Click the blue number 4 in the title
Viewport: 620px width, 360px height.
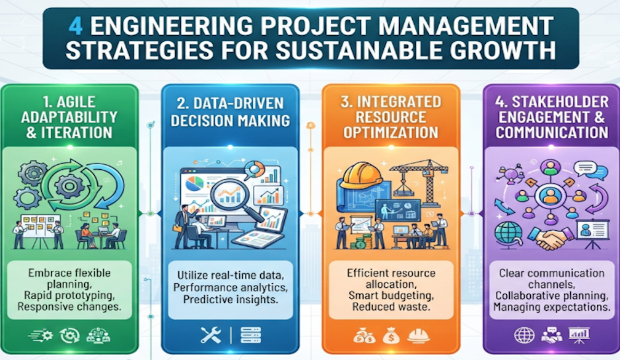pyautogui.click(x=76, y=26)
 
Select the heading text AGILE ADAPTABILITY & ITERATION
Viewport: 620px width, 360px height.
pyautogui.click(x=69, y=117)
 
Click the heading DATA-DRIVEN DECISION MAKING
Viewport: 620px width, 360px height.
pyautogui.click(x=230, y=111)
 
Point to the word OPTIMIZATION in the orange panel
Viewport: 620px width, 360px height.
pyautogui.click(x=391, y=132)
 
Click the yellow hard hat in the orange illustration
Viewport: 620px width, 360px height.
pyautogui.click(x=361, y=176)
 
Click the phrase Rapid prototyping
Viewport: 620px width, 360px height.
pyautogui.click(x=69, y=295)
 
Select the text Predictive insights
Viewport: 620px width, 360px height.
pyautogui.click(x=231, y=299)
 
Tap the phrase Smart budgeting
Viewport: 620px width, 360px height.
pyautogui.click(x=391, y=295)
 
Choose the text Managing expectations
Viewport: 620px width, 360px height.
pyautogui.click(x=552, y=307)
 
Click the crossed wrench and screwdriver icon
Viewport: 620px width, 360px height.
pyautogui.click(x=211, y=335)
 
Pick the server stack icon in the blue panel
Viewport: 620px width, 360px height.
pyautogui.click(x=251, y=335)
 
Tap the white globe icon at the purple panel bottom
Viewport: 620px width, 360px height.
pyautogui.click(x=524, y=335)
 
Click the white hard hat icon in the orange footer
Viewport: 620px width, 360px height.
pyautogui.click(x=418, y=336)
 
